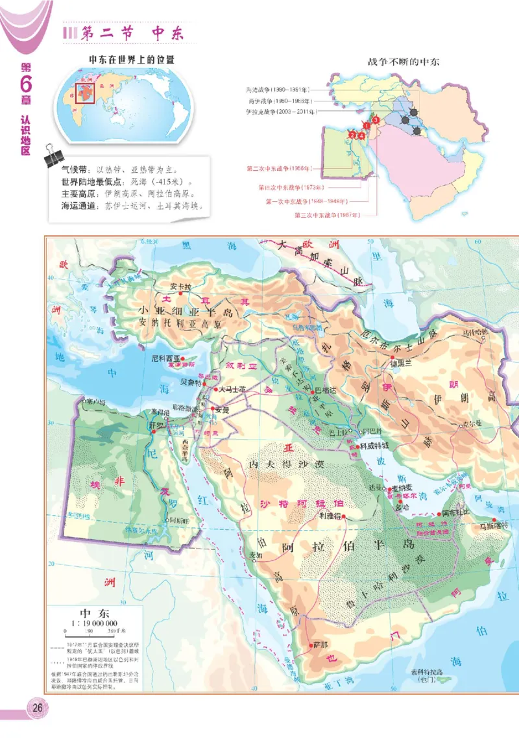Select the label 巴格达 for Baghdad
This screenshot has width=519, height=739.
(328, 390)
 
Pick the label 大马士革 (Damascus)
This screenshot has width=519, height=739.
(233, 390)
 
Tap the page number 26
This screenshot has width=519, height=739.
(36, 707)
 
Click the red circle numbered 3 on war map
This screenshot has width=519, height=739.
(376, 119)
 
